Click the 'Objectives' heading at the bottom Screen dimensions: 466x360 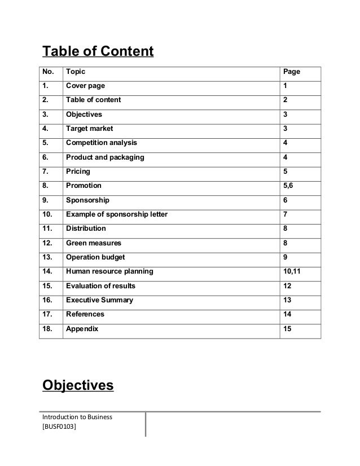click(78, 386)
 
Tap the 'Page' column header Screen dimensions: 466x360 click(291, 72)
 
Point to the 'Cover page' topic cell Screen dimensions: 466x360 click(85, 86)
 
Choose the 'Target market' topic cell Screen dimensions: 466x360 click(89, 129)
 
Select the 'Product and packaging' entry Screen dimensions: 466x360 click(105, 157)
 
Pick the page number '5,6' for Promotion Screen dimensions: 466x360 click(288, 186)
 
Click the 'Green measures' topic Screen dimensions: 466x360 click(93, 243)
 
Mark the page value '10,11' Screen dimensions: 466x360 click(292, 271)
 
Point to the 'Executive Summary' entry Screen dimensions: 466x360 click(99, 300)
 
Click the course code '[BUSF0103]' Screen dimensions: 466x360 click(59, 428)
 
